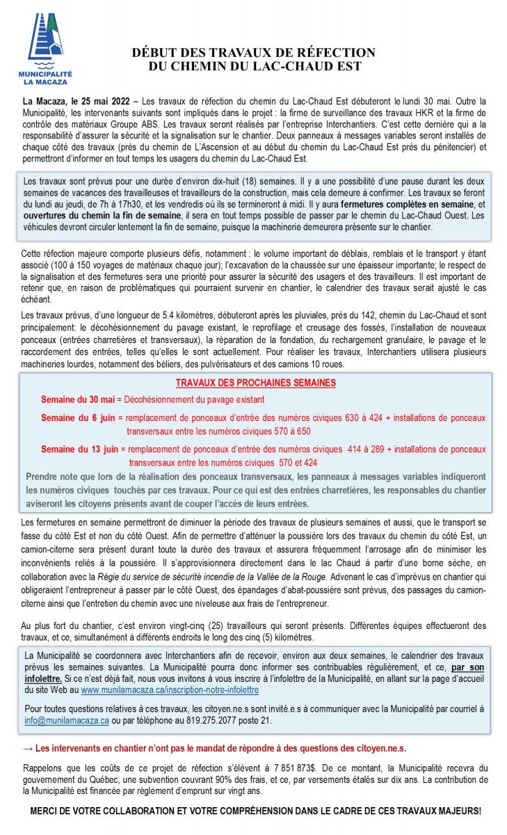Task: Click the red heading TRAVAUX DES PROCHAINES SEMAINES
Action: [x=255, y=383]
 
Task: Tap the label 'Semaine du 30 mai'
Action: [x=77, y=399]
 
